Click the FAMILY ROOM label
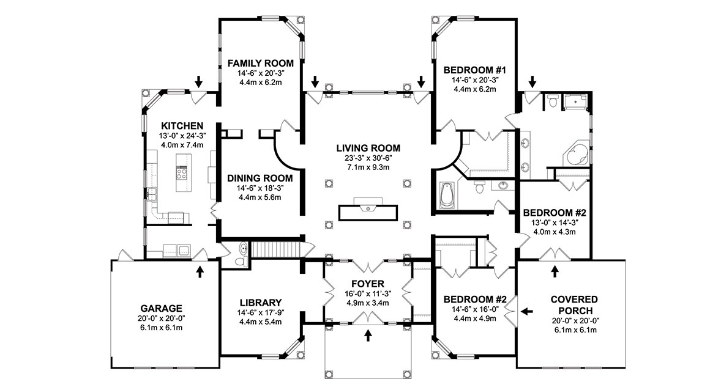(x=260, y=63)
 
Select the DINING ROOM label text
(x=260, y=178)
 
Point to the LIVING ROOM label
(x=368, y=148)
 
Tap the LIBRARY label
(x=260, y=302)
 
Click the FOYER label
(x=368, y=284)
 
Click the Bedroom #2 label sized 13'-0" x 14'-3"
(x=555, y=213)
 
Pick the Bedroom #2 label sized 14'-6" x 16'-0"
(x=475, y=300)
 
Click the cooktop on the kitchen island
(x=182, y=172)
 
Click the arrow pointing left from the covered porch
(x=527, y=312)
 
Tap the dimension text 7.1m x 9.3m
(x=368, y=167)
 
